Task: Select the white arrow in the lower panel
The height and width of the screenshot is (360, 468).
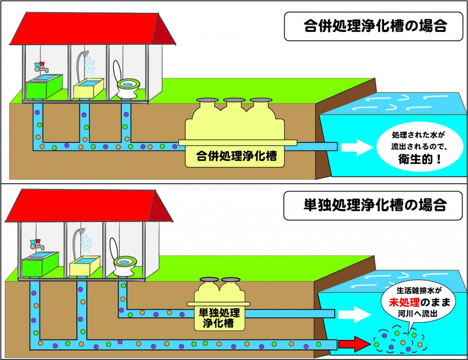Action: click(354, 313)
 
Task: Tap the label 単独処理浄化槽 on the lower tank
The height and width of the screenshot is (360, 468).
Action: click(219, 318)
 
